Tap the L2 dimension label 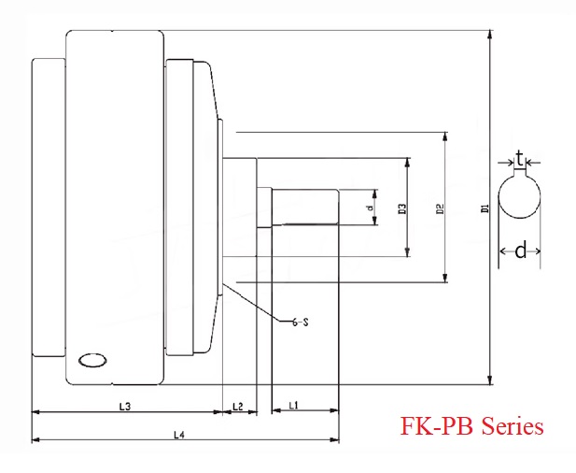click(237, 406)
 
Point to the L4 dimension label click(178, 434)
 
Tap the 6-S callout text click(299, 322)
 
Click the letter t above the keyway click(519, 160)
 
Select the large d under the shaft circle click(521, 250)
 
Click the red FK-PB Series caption click(471, 426)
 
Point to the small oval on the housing click(93, 360)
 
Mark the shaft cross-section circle click(520, 201)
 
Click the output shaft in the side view click(304, 207)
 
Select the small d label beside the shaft click(370, 207)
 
